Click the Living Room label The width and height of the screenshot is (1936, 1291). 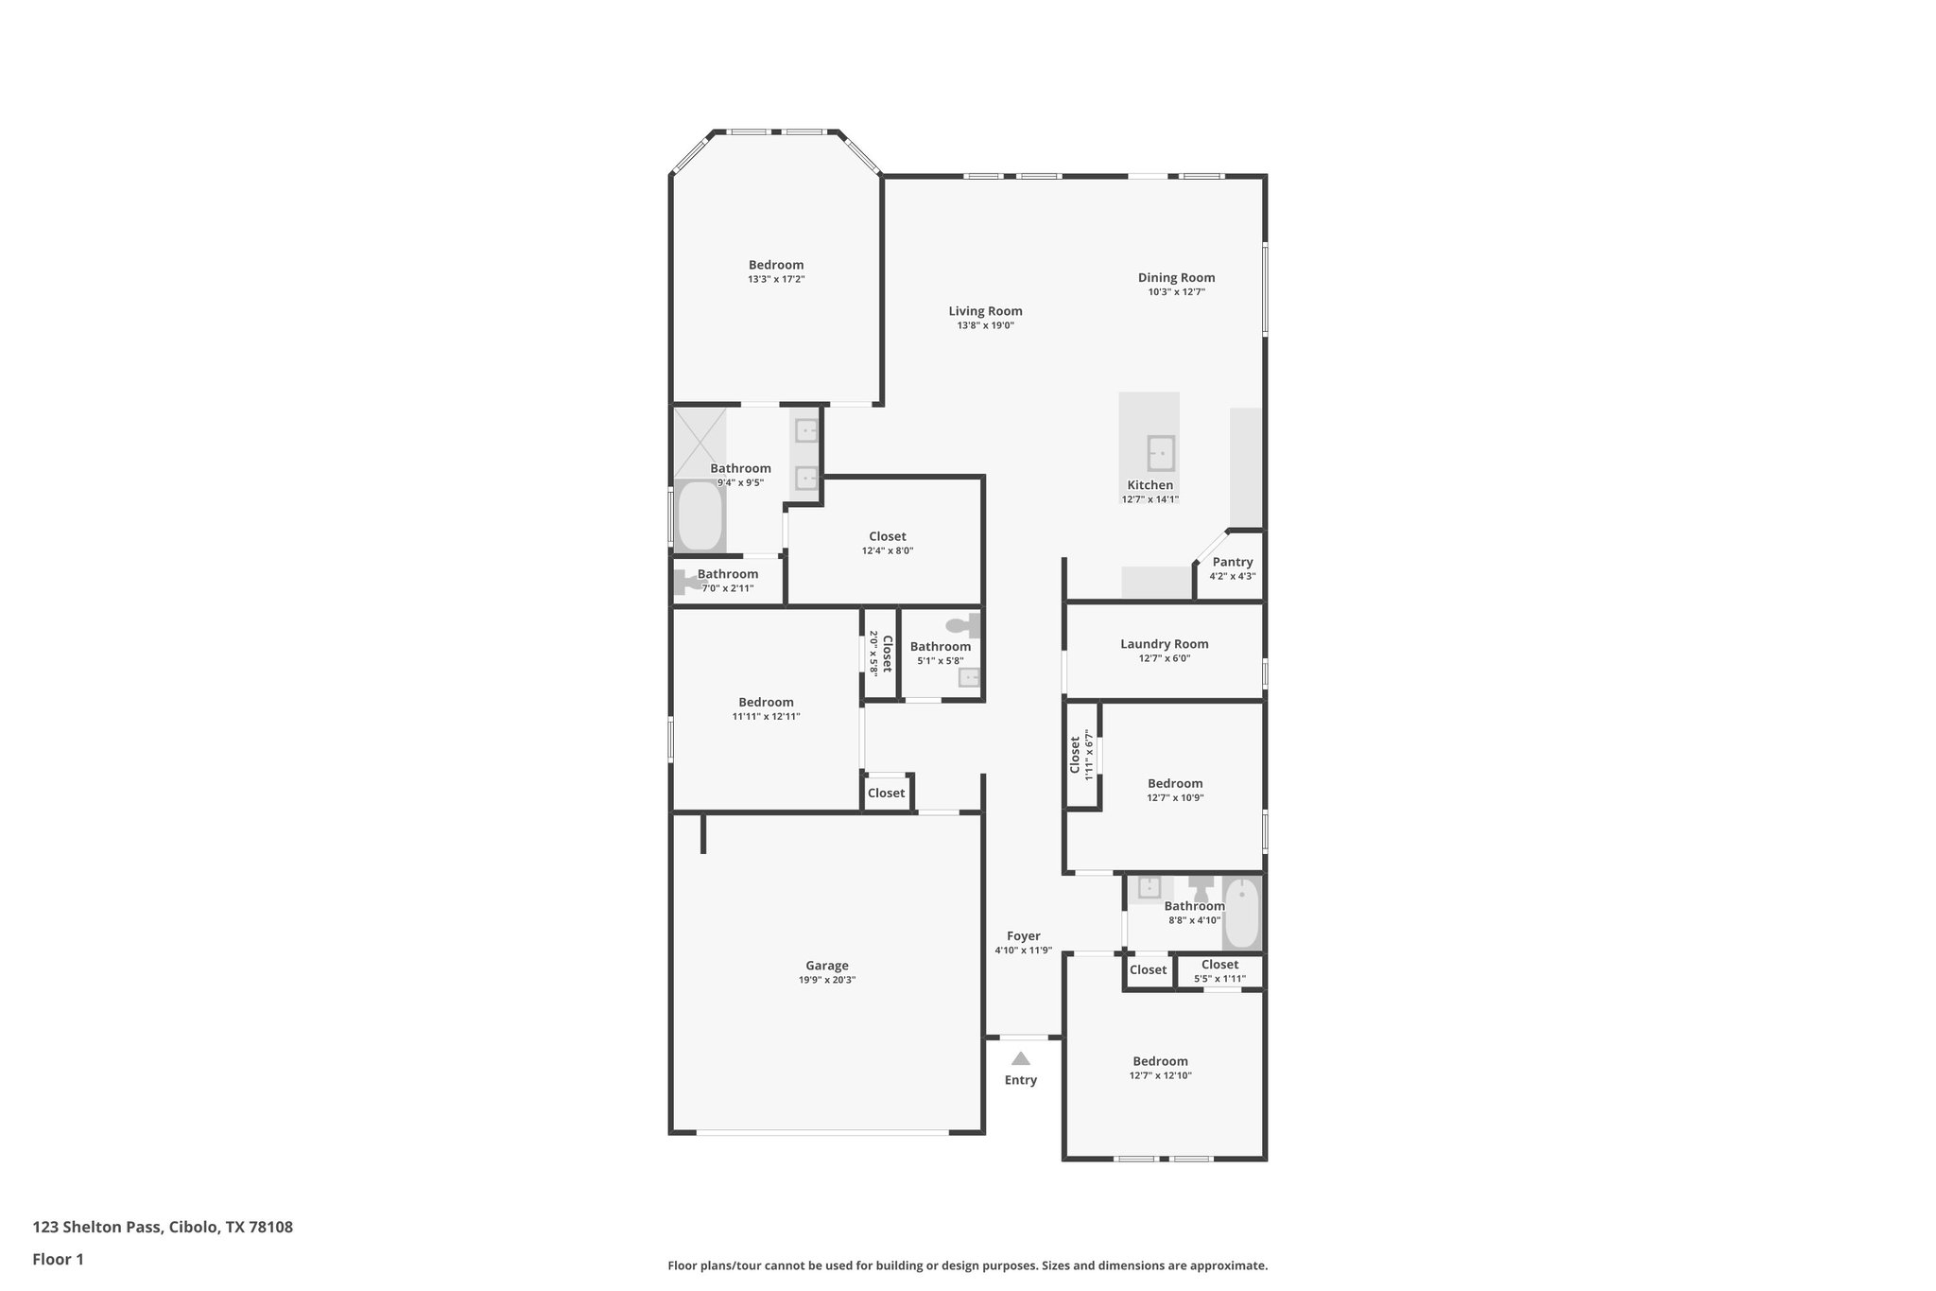[985, 311]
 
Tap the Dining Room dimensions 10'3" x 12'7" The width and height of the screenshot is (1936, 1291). [1176, 292]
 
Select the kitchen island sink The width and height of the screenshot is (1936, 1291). [1161, 453]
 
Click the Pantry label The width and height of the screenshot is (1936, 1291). [1233, 562]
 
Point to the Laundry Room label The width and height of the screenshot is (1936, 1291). [1164, 644]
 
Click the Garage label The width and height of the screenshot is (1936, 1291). [826, 966]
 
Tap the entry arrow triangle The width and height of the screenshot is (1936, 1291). [1020, 1058]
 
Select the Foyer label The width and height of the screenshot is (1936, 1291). [1023, 936]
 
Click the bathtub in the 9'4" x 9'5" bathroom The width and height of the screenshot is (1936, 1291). [700, 516]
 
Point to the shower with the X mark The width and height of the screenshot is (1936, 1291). [700, 442]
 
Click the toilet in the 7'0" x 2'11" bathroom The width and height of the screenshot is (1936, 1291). [687, 583]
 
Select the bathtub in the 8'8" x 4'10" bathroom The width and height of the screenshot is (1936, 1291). [1241, 913]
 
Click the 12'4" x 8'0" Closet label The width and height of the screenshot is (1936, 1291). [887, 536]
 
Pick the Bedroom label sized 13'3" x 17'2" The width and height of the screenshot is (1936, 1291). [776, 265]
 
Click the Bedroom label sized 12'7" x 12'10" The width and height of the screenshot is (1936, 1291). [1160, 1061]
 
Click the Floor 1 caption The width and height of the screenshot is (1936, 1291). [58, 1260]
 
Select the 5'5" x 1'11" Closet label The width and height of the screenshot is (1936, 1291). [1219, 965]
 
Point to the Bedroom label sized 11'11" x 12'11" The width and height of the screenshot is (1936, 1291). [766, 702]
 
